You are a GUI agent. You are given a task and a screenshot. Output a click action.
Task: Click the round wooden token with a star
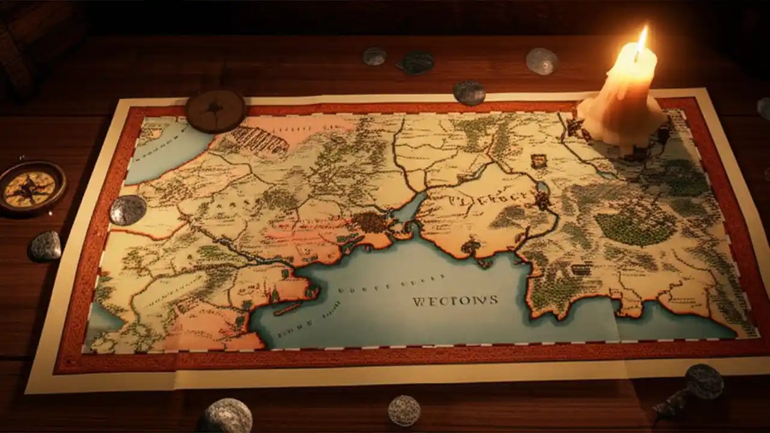(215, 111)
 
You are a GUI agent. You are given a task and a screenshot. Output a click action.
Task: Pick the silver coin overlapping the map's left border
(128, 210)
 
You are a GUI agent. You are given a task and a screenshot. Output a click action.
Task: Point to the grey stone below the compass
(46, 245)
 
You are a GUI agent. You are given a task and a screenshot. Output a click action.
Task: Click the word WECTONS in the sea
(455, 300)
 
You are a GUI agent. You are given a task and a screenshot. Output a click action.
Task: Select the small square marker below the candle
(538, 161)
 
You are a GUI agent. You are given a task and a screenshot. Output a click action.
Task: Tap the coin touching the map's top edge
(469, 93)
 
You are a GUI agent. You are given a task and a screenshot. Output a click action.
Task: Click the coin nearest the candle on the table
(542, 61)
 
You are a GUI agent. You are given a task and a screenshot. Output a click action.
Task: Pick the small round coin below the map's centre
(404, 410)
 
